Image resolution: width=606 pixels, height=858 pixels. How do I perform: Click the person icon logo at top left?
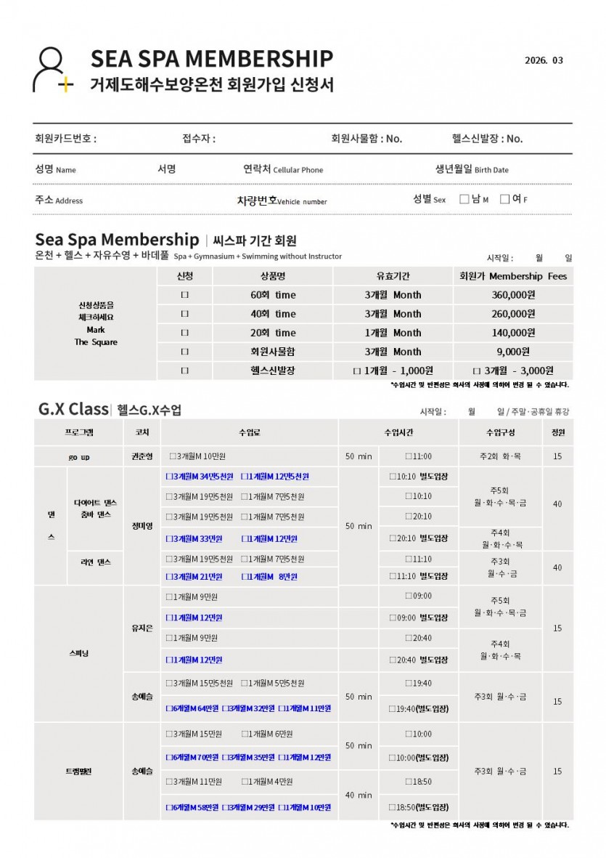pyautogui.click(x=52, y=70)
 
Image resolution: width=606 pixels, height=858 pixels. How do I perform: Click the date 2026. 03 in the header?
pyautogui.click(x=544, y=60)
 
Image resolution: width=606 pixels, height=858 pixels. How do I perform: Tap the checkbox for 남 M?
pyautogui.click(x=464, y=199)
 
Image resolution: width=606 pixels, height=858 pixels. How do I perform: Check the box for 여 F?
pyautogui.click(x=505, y=199)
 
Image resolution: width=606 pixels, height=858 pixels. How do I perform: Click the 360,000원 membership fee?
pyautogui.click(x=513, y=295)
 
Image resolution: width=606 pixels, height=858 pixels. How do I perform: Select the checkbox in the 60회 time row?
pyautogui.click(x=184, y=295)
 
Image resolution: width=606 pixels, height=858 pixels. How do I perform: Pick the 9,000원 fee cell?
pyautogui.click(x=513, y=352)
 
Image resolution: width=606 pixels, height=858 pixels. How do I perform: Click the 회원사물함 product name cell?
pyautogui.click(x=271, y=352)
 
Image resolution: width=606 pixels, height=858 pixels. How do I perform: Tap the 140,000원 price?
pyautogui.click(x=513, y=333)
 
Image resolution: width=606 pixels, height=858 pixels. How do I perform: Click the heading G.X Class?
pyautogui.click(x=73, y=409)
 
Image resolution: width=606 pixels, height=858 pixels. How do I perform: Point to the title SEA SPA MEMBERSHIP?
pyautogui.click(x=211, y=58)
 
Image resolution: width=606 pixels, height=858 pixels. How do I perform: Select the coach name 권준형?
pyautogui.click(x=142, y=456)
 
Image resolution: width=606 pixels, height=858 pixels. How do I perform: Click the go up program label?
pyautogui.click(x=79, y=456)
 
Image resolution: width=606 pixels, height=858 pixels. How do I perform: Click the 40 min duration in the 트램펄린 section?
pyautogui.click(x=359, y=795)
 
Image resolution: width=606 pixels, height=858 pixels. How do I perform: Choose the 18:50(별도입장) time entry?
pyautogui.click(x=419, y=807)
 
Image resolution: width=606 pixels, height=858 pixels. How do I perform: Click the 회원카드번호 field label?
pyautogui.click(x=65, y=139)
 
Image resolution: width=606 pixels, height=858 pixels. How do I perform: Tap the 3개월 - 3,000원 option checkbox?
pyautogui.click(x=477, y=371)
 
